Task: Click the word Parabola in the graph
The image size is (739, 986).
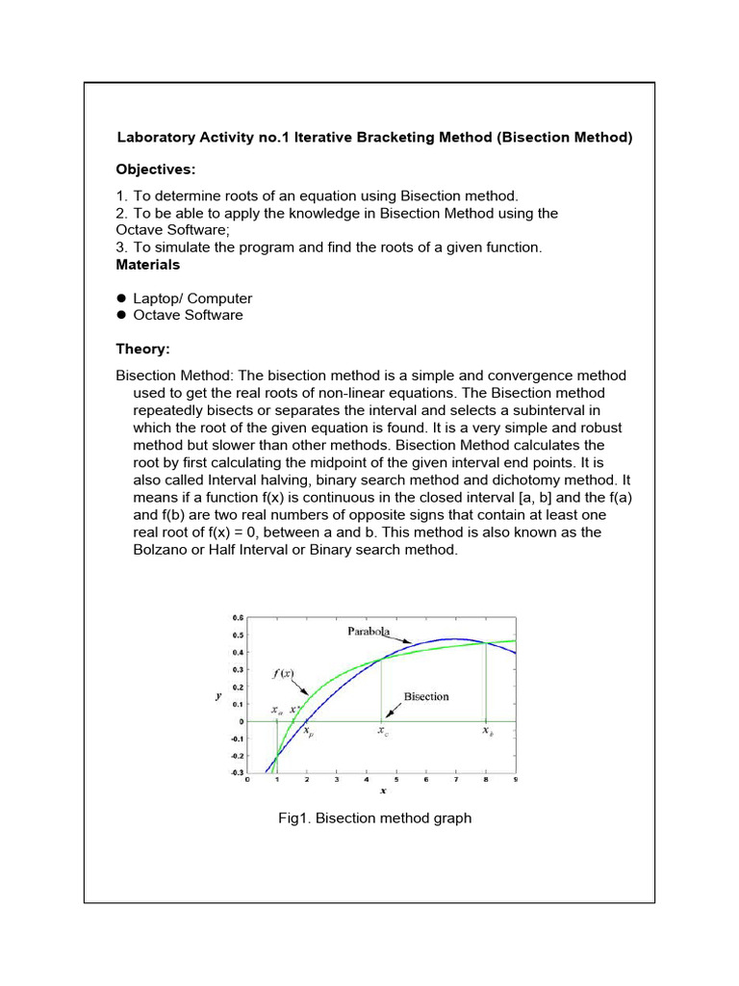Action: click(369, 631)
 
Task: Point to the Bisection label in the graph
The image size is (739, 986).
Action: click(426, 696)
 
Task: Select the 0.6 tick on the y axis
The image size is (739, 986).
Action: click(237, 617)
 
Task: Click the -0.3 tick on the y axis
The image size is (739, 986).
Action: click(236, 772)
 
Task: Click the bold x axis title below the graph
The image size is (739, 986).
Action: click(382, 791)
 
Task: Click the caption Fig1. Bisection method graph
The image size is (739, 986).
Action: click(374, 818)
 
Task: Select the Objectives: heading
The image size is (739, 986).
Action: click(156, 169)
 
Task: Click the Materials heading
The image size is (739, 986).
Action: click(147, 264)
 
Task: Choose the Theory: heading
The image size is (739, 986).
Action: click(142, 350)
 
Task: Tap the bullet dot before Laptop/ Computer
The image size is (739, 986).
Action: click(122, 298)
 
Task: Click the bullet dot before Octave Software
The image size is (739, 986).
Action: click(122, 315)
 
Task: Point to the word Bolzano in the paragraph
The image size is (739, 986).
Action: click(162, 550)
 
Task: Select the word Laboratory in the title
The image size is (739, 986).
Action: click(155, 138)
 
